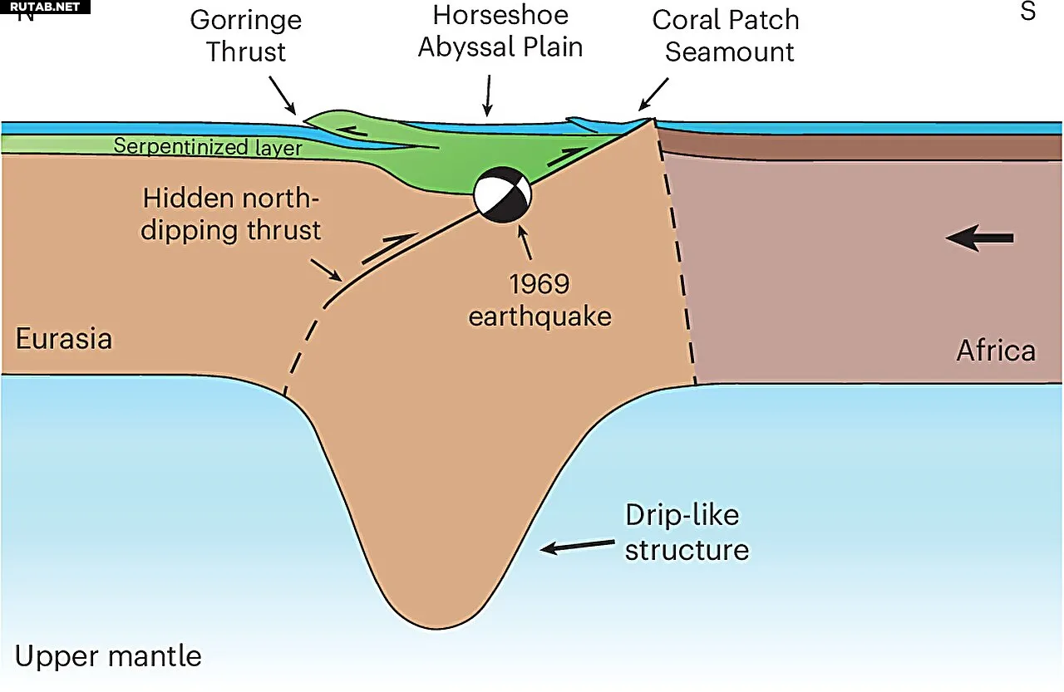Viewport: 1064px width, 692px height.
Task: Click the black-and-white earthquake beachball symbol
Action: [503, 194]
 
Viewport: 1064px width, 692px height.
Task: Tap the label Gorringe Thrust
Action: [246, 36]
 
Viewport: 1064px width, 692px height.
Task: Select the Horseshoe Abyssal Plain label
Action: [500, 31]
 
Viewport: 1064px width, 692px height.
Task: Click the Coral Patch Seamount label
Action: [727, 36]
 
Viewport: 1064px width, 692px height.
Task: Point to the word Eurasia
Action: [64, 338]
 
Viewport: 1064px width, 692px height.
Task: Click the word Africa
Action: [996, 351]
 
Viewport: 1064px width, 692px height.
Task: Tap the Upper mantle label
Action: [108, 656]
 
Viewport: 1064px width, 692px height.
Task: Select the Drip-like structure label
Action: [687, 532]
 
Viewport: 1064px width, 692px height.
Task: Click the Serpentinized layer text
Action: [208, 147]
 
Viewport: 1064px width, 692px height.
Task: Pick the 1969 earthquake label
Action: [540, 300]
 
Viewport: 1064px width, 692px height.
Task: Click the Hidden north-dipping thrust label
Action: [231, 214]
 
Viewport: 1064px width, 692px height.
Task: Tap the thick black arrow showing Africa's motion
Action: [979, 238]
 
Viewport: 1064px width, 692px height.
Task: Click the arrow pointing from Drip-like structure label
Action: [578, 546]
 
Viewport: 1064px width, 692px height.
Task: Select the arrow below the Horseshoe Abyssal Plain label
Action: [488, 96]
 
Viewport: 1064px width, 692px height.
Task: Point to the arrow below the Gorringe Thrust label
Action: [283, 96]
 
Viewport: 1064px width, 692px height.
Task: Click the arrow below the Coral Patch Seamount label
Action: [653, 94]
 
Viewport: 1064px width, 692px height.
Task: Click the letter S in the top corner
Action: [1028, 11]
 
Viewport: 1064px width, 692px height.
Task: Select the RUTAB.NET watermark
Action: [45, 7]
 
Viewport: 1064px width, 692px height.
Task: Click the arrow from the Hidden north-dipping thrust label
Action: [327, 270]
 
